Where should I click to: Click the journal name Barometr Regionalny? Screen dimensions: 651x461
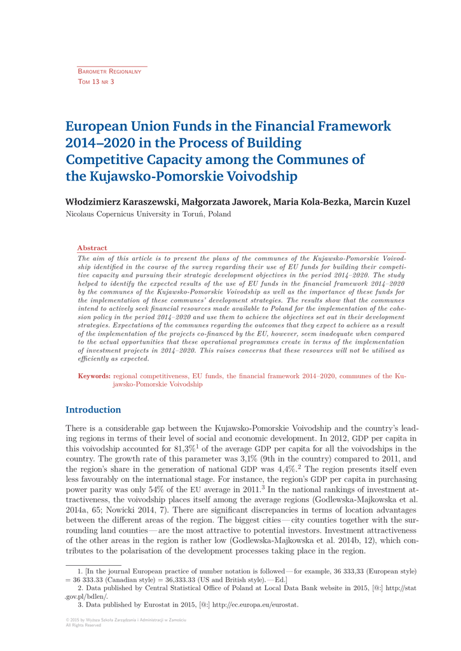109,72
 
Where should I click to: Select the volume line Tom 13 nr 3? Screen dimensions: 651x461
95,82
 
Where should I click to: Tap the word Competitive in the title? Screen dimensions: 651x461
107,160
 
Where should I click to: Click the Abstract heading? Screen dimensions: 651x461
92,247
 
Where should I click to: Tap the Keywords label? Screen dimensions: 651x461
94,376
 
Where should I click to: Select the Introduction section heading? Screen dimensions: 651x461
93,410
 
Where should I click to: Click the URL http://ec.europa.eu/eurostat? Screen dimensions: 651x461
255,605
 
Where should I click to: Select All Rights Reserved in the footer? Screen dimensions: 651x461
83,625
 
